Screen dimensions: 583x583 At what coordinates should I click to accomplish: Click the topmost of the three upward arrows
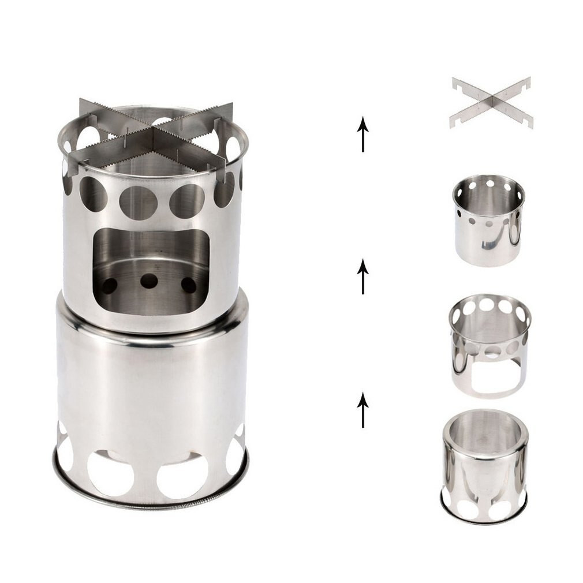click(x=362, y=133)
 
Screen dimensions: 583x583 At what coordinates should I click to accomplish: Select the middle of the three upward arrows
click(x=362, y=276)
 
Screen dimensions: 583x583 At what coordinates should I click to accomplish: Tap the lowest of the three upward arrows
click(x=362, y=410)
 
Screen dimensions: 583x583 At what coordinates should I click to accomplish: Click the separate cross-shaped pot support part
click(x=491, y=102)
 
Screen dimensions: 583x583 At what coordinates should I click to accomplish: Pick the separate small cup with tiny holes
click(x=488, y=219)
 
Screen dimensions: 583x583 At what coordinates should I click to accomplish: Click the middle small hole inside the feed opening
click(x=149, y=281)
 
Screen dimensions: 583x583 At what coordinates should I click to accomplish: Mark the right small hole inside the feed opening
click(x=188, y=284)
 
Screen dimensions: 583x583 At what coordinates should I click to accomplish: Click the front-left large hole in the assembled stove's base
click(x=110, y=472)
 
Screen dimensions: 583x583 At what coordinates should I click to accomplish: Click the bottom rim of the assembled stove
click(x=151, y=505)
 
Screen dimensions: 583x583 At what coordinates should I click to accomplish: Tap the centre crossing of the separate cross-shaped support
click(x=491, y=103)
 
